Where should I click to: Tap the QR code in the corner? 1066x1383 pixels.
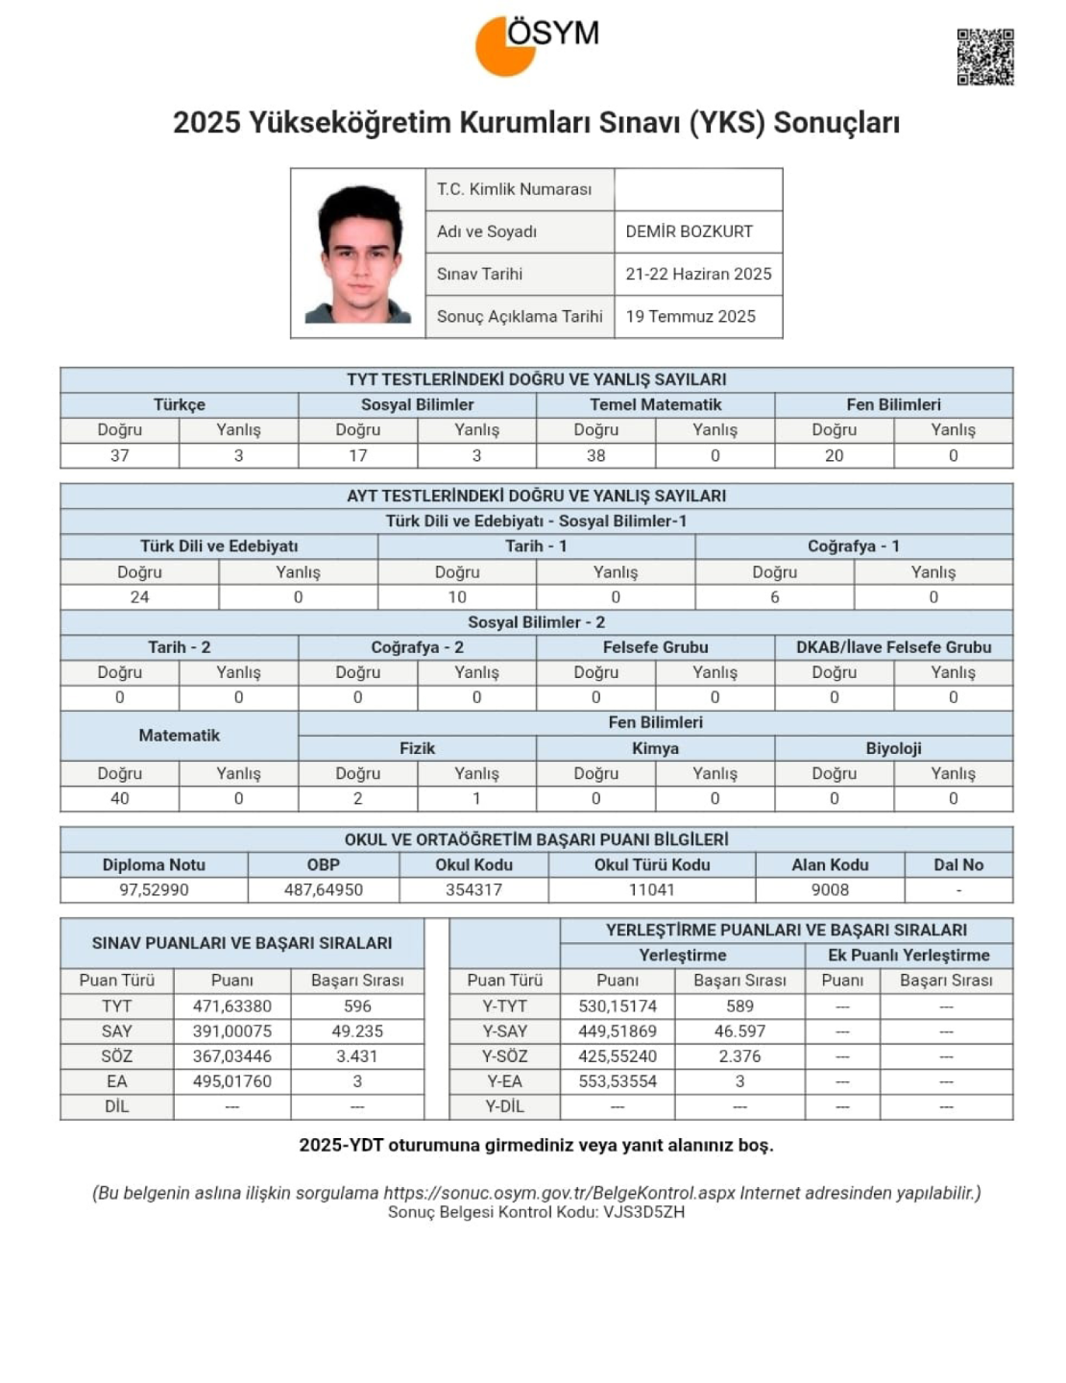tap(984, 58)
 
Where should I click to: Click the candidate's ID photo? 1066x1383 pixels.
tap(358, 254)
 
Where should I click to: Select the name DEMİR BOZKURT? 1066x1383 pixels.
tap(689, 231)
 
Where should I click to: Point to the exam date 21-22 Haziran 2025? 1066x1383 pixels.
tap(698, 274)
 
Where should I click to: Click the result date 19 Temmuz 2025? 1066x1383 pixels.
tap(690, 316)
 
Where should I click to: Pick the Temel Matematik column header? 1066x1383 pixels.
tap(655, 404)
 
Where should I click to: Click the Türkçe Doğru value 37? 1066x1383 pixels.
tap(119, 455)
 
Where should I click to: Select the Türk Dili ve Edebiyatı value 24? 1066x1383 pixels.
tap(139, 596)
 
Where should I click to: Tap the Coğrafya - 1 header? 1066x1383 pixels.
tap(853, 546)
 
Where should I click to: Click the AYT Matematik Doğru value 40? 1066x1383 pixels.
tap(119, 798)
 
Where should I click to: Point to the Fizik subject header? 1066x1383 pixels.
tap(417, 748)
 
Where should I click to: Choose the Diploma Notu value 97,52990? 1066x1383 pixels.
tap(154, 889)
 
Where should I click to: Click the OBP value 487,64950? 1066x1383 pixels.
tap(323, 889)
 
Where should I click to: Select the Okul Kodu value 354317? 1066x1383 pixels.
tap(473, 889)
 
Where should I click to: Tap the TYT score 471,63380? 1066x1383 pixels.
tap(231, 1007)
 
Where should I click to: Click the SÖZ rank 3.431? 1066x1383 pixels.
tap(356, 1056)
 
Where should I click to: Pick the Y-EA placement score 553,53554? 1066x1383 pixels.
tap(618, 1081)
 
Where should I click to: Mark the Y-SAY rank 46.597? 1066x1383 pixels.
tap(739, 1031)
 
